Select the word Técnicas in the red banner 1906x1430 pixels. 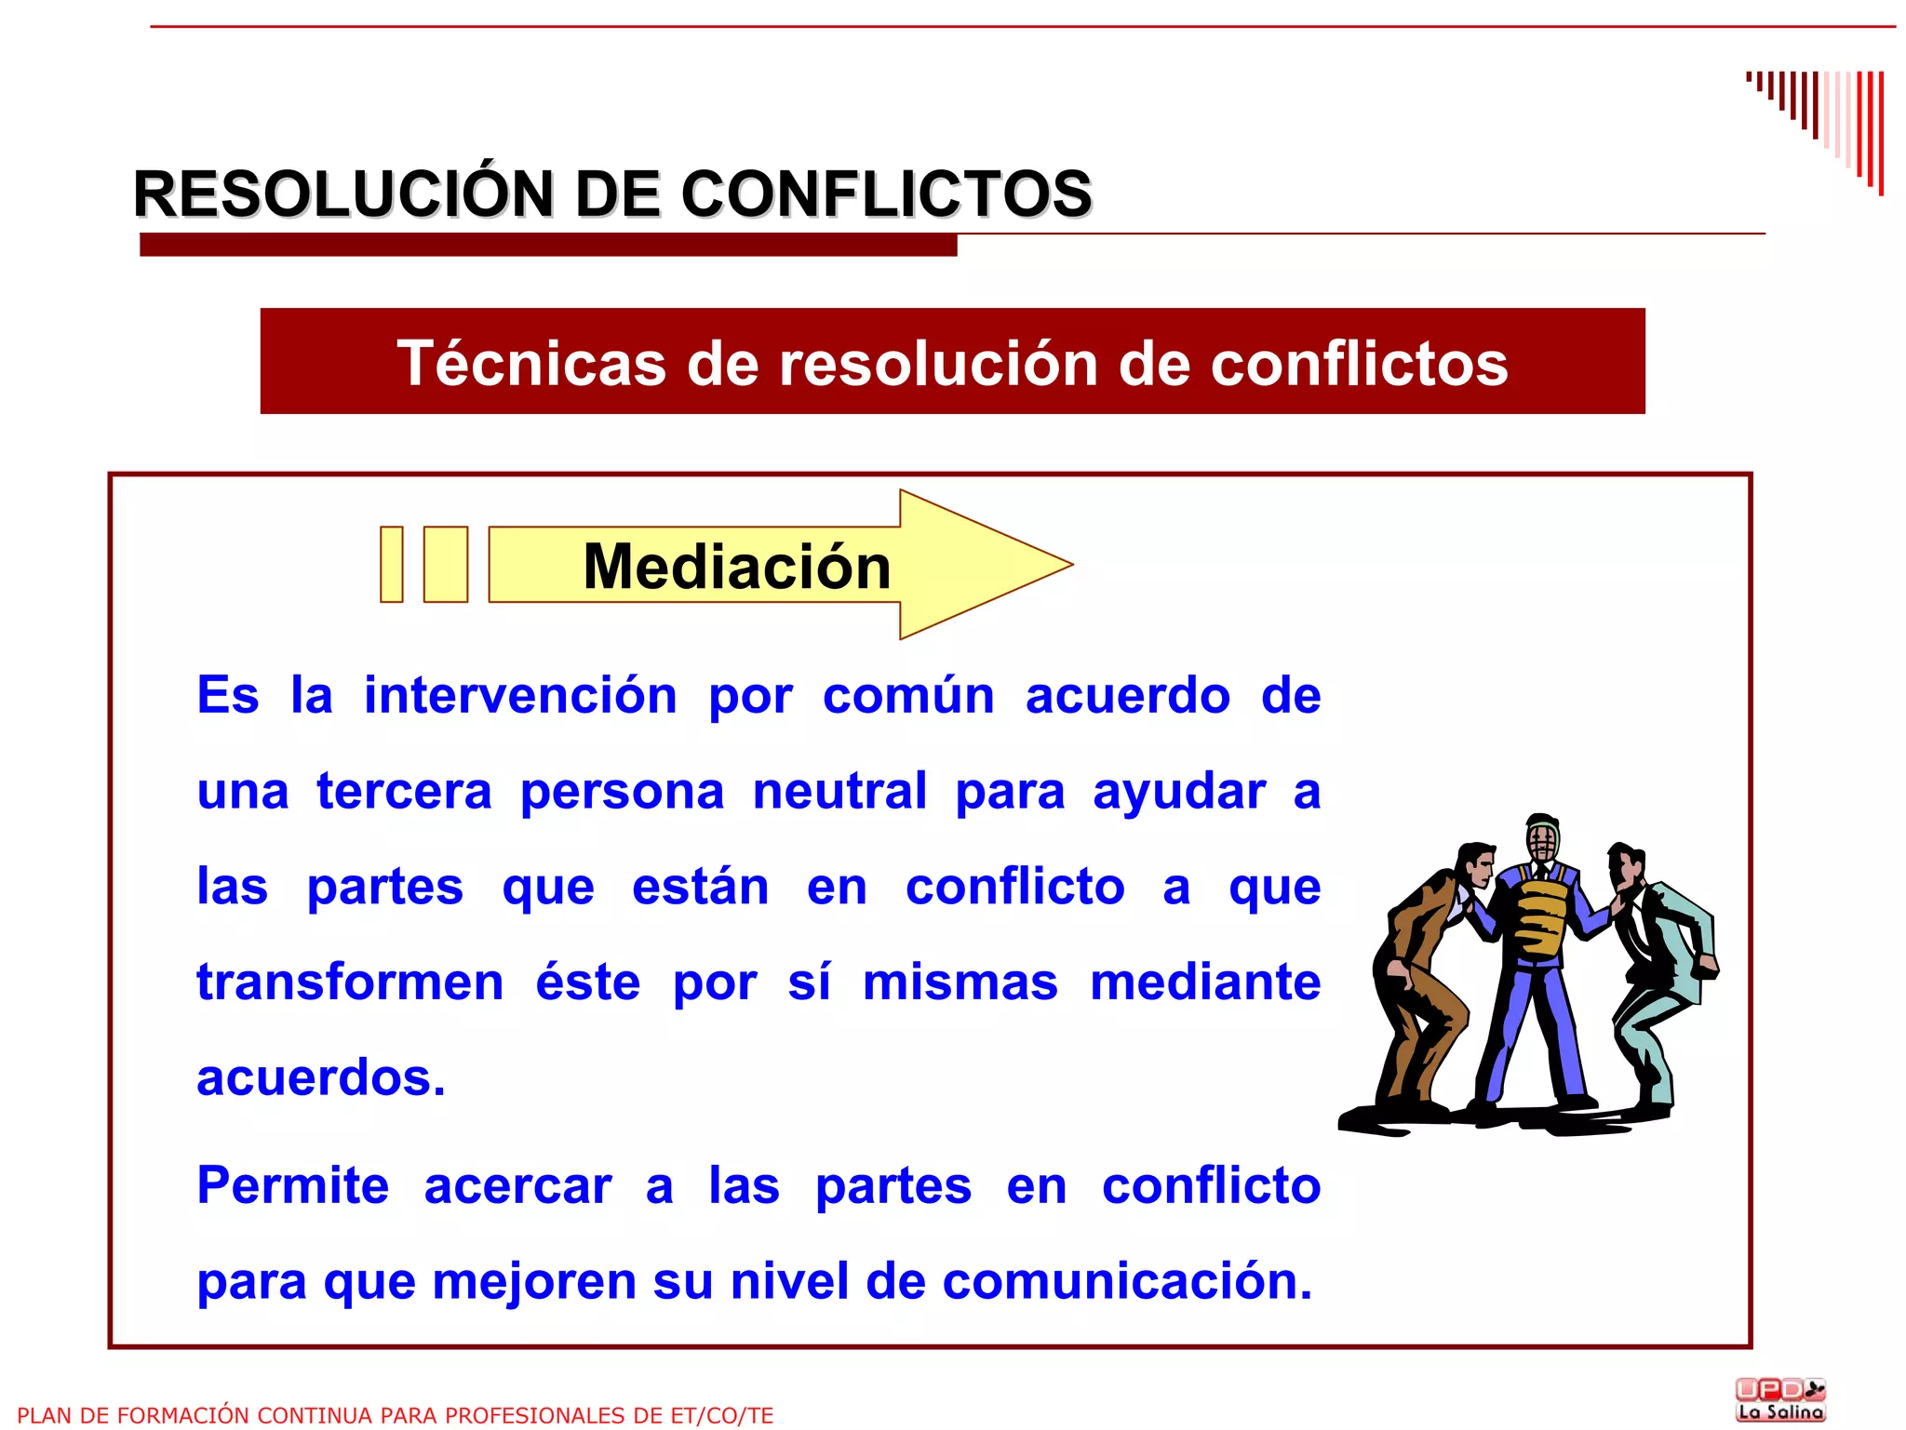pyautogui.click(x=531, y=363)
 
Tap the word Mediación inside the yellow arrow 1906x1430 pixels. pyautogui.click(x=736, y=567)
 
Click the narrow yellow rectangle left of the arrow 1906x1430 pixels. pyautogui.click(x=392, y=565)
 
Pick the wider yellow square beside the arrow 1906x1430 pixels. pyautogui.click(x=446, y=565)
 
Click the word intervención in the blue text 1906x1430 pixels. pyautogui.click(x=520, y=696)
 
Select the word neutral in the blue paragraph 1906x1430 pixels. pyautogui.click(x=839, y=792)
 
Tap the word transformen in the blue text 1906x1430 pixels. pyautogui.click(x=350, y=982)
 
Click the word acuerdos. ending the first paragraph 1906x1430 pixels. pyautogui.click(x=321, y=1078)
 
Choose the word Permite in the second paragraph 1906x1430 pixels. pyautogui.click(x=293, y=1186)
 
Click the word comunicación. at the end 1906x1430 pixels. pyautogui.click(x=1127, y=1282)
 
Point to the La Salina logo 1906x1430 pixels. pyautogui.click(x=1780, y=1400)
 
